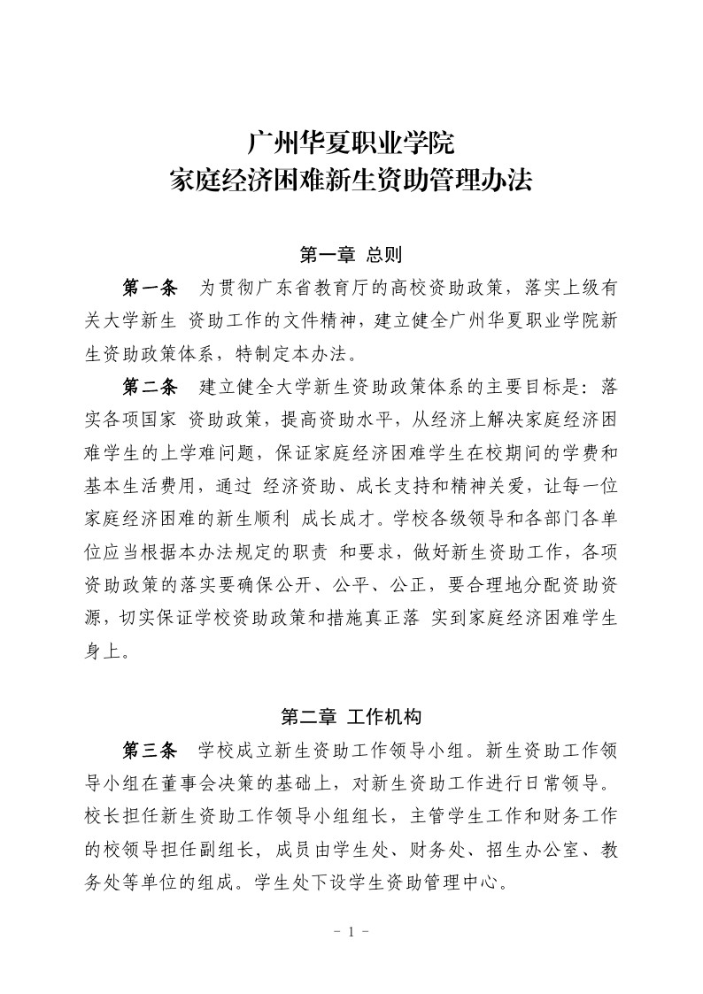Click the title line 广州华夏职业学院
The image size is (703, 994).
351,142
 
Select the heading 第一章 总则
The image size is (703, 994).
351,256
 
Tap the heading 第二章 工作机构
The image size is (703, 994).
351,717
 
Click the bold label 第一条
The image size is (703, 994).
149,289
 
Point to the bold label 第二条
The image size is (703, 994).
149,387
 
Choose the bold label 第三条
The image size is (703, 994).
149,751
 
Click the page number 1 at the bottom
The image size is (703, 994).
351,931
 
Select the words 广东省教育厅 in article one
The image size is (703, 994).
303,289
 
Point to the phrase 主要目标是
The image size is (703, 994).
517,387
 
